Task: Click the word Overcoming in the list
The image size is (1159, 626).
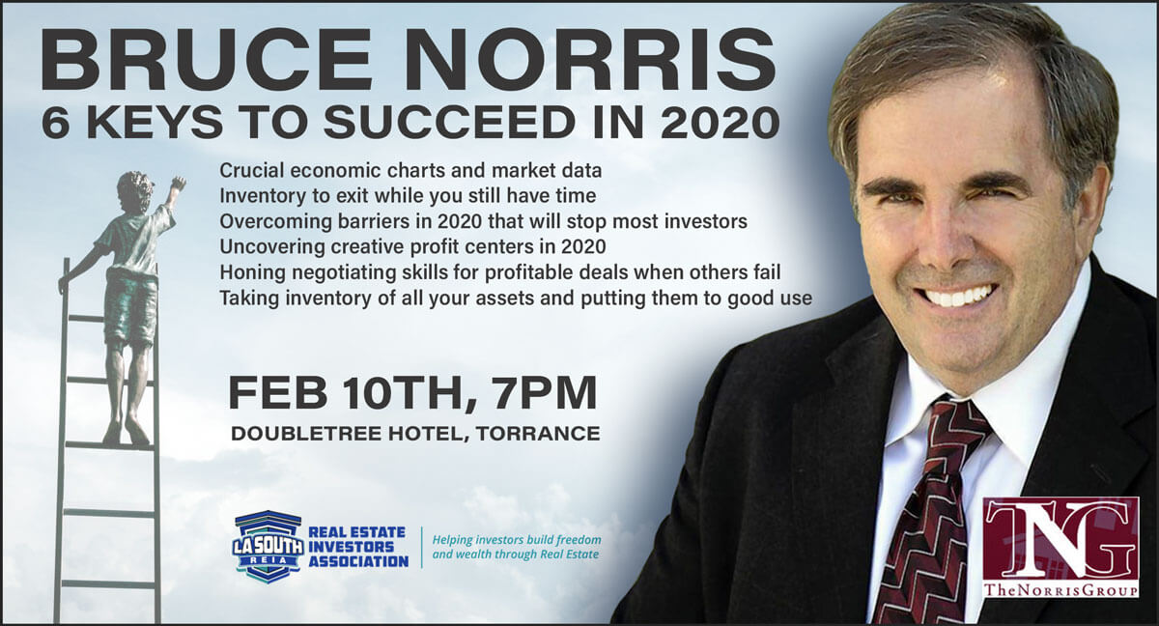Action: [x=275, y=222]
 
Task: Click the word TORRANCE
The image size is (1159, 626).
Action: [x=538, y=434]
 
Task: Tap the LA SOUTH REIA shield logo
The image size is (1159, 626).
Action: [x=269, y=547]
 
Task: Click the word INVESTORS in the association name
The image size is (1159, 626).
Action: [x=352, y=547]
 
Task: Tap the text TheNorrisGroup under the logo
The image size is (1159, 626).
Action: [x=1060, y=590]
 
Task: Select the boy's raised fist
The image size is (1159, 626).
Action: [x=179, y=184]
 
